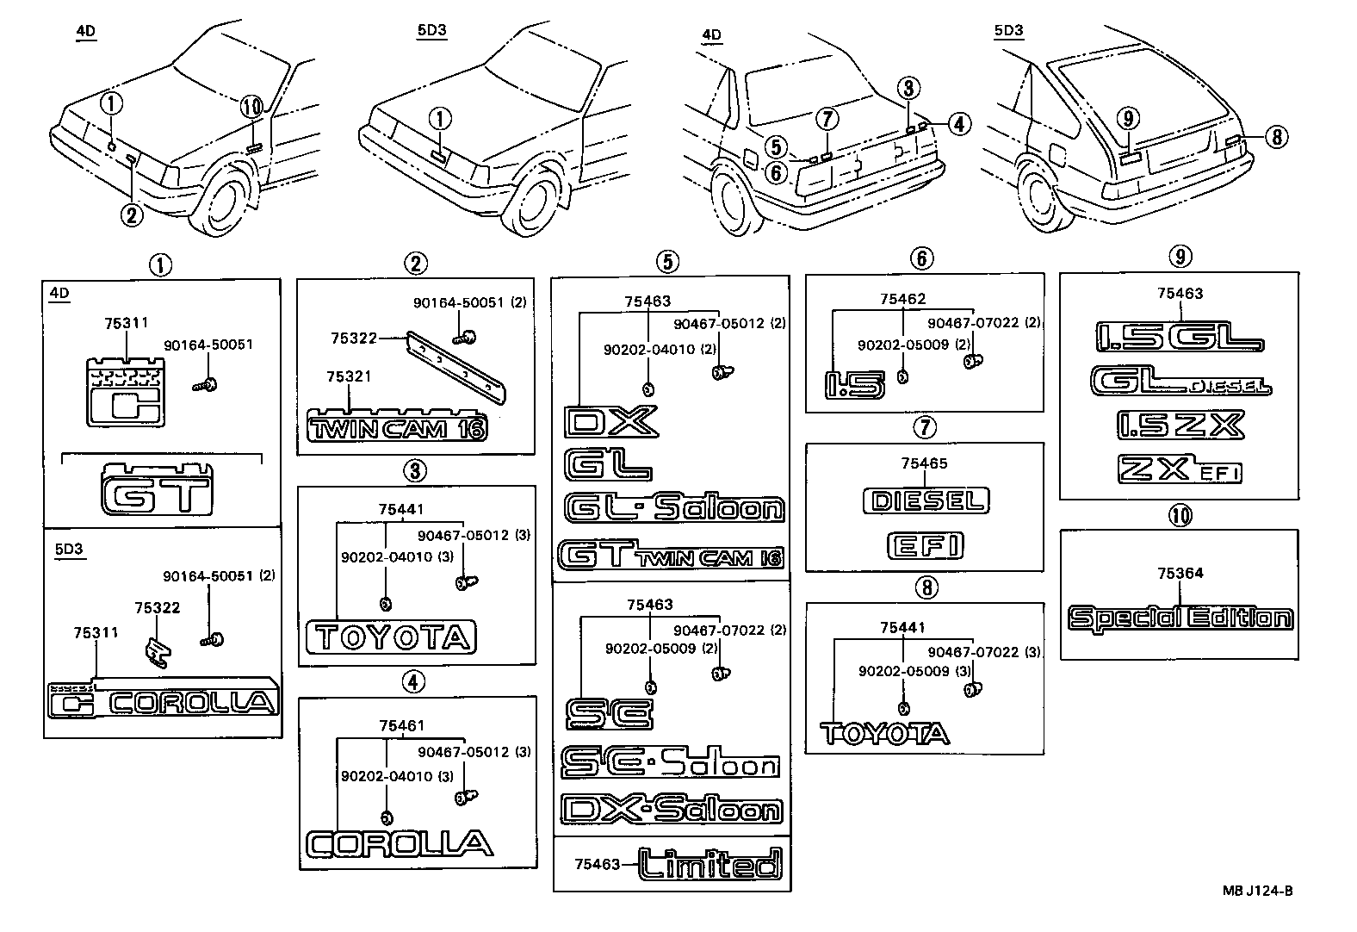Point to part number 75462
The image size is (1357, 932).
902,299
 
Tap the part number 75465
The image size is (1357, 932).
924,463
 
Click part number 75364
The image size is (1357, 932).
1180,573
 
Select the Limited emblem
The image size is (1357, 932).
710,863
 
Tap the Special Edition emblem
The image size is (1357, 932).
1180,618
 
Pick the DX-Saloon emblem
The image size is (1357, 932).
672,809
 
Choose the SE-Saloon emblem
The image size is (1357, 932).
670,762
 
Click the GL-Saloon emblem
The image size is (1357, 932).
674,508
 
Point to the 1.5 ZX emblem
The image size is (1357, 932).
1180,425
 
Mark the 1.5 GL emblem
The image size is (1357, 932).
1179,337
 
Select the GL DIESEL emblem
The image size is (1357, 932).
1180,381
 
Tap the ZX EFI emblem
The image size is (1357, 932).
1180,469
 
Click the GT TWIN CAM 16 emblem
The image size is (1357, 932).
671,556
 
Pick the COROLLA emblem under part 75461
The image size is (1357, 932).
400,843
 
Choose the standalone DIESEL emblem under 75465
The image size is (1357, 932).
926,500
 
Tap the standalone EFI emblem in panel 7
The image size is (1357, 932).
926,545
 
